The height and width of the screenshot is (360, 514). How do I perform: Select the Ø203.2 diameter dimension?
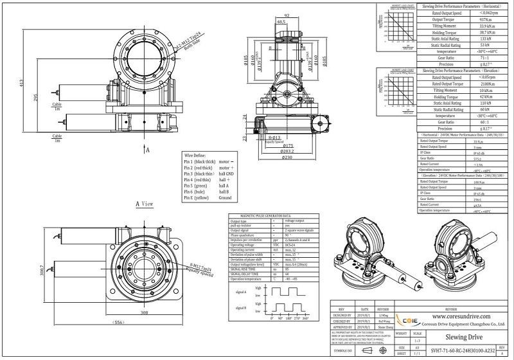[x=288, y=151]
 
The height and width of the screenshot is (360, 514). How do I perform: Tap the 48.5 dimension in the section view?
[x=281, y=21]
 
